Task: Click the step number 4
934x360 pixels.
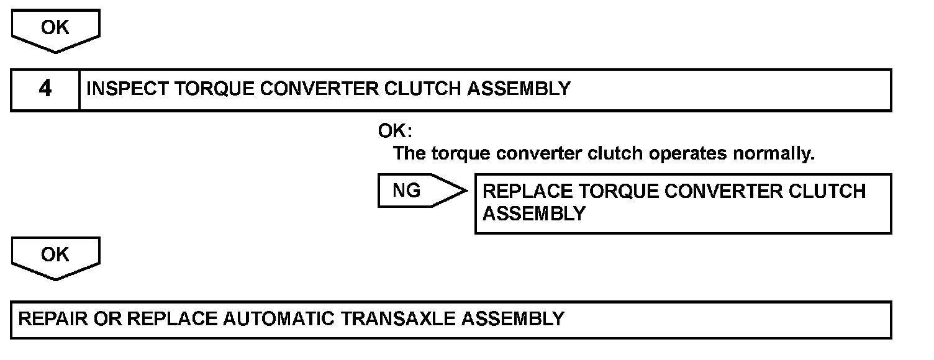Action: (45, 89)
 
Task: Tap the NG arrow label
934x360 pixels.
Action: (407, 191)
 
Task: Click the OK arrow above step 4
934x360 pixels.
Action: (55, 29)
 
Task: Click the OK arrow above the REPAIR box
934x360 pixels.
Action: (55, 255)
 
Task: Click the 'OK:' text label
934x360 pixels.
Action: (396, 132)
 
